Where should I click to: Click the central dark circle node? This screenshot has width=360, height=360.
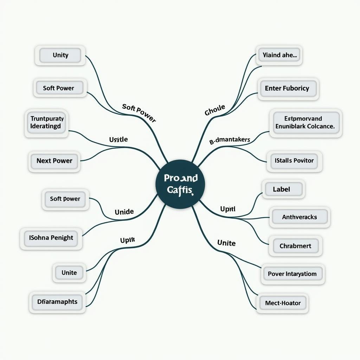180,184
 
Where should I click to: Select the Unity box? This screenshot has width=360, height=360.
60,55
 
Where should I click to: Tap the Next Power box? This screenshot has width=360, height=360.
54,161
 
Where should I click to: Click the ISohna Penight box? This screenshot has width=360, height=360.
51,238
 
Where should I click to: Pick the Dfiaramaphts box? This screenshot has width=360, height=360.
57,301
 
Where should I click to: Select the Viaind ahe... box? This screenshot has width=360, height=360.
279,55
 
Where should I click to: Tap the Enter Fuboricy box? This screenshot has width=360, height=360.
287,89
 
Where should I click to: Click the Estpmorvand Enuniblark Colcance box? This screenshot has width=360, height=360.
305,122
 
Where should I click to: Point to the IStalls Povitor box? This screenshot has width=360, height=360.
294,161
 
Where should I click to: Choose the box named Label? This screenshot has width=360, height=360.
282,189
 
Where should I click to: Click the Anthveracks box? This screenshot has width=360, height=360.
299,217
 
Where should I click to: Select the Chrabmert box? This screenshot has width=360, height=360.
295,246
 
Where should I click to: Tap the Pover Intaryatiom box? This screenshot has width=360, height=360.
292,274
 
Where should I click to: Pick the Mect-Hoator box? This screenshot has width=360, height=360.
283,303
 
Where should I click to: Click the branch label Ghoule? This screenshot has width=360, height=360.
214,110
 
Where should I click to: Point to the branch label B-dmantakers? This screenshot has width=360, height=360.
230,140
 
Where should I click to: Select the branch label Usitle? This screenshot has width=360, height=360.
118,140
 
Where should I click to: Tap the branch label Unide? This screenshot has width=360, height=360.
124,212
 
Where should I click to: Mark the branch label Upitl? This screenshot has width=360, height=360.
227,209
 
